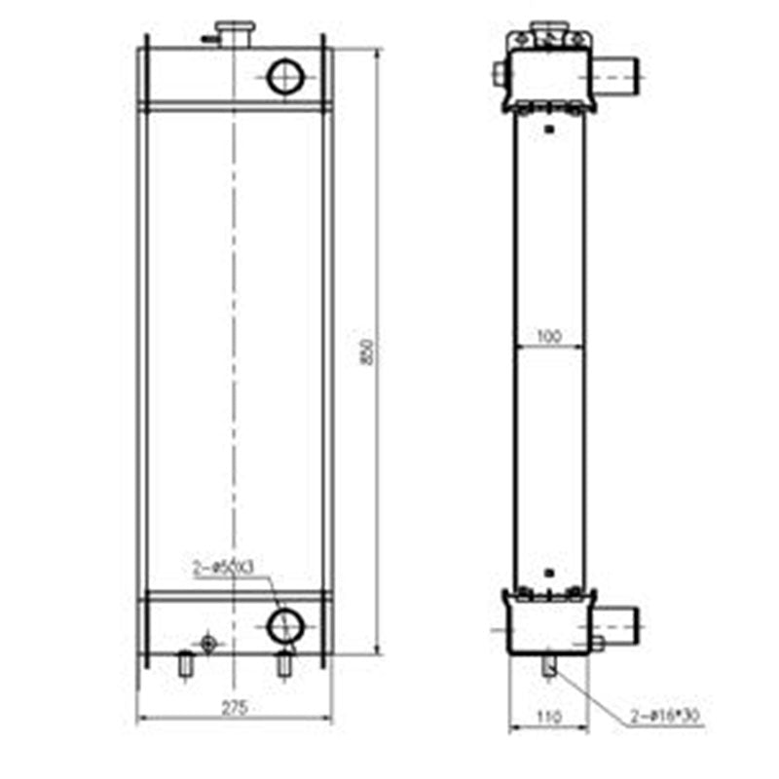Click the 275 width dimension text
(x=233, y=708)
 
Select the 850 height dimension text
(x=367, y=352)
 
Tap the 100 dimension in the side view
(x=549, y=337)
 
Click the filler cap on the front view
(x=234, y=33)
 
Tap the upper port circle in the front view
(x=285, y=77)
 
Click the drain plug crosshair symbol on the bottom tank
(x=206, y=643)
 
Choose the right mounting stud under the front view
(x=284, y=664)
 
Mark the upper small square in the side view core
(x=549, y=128)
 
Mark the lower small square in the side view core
(x=549, y=573)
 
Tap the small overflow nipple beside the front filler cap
(x=207, y=39)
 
